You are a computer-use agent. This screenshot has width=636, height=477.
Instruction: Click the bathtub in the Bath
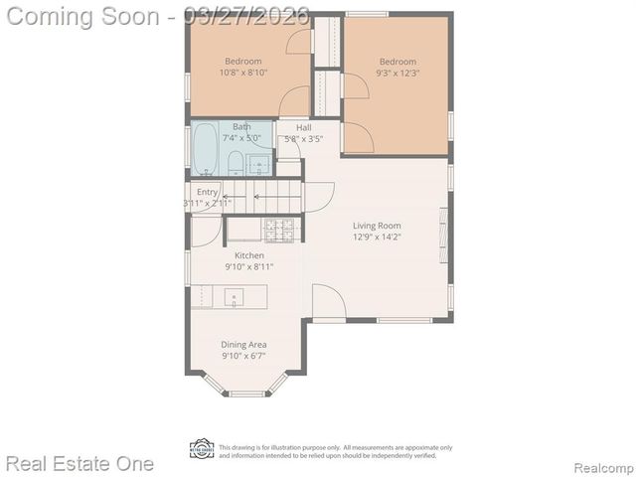[206, 149]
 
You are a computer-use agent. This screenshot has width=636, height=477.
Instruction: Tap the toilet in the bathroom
[235, 162]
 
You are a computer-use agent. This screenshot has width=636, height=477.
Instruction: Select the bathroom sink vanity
[259, 163]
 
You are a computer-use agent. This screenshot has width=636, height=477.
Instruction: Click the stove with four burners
[280, 230]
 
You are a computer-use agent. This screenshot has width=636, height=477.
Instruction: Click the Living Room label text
[377, 226]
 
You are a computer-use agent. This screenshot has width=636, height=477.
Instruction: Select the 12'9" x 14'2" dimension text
[377, 238]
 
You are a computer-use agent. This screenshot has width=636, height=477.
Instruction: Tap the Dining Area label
[243, 344]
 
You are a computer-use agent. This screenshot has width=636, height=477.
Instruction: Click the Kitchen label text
[248, 255]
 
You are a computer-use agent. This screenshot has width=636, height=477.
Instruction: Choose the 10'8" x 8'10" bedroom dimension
[243, 73]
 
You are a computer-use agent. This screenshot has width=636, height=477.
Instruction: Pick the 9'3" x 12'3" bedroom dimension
[397, 73]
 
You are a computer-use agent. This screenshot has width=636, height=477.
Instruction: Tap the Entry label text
[207, 192]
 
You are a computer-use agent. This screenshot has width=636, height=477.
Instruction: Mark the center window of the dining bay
[246, 394]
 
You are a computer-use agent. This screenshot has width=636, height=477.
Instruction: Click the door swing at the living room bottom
[328, 301]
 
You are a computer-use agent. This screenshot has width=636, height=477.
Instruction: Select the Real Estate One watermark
[79, 463]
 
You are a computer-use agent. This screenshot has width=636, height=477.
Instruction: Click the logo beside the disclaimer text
[202, 449]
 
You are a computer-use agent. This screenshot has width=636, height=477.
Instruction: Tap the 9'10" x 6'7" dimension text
[243, 356]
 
